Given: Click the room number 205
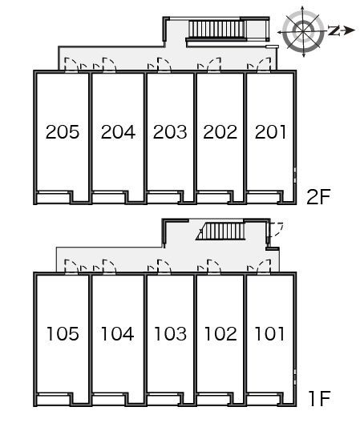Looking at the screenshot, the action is click(63, 132).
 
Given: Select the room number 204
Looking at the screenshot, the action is click(118, 132).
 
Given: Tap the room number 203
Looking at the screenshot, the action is click(170, 132).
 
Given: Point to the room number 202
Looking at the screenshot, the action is click(220, 132).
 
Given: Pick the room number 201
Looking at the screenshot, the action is click(270, 132).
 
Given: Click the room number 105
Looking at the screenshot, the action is click(63, 334).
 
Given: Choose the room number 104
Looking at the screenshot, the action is click(118, 334).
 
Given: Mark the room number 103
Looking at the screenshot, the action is click(170, 334).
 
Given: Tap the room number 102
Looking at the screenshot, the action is click(220, 334).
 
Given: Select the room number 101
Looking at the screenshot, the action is click(269, 334).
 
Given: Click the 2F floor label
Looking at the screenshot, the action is click(318, 197).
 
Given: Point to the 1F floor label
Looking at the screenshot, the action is click(320, 399).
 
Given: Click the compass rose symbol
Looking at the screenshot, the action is click(303, 31).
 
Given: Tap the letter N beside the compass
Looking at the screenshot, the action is click(334, 30).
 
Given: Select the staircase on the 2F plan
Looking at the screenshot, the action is click(216, 30).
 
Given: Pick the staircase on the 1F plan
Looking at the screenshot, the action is click(221, 232).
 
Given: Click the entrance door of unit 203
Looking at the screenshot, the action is click(164, 65).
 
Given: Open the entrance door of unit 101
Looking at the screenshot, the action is click(264, 268).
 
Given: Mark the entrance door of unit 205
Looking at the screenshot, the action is click(71, 65).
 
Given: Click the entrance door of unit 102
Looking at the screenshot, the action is click(214, 268).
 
